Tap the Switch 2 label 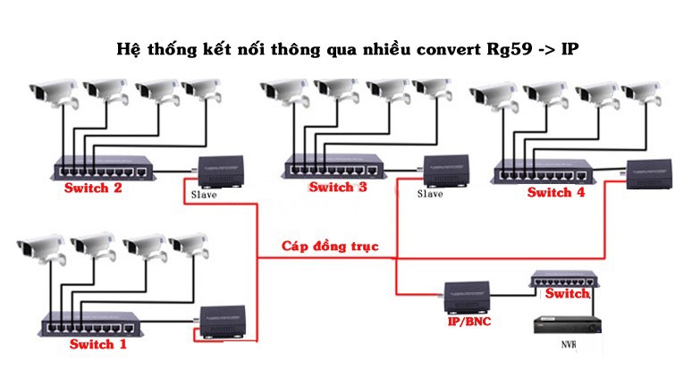pyautogui.click(x=92, y=189)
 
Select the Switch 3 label pyautogui.click(x=337, y=188)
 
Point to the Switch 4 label pyautogui.click(x=555, y=192)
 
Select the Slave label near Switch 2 pyautogui.click(x=205, y=194)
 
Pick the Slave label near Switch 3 pyautogui.click(x=430, y=194)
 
